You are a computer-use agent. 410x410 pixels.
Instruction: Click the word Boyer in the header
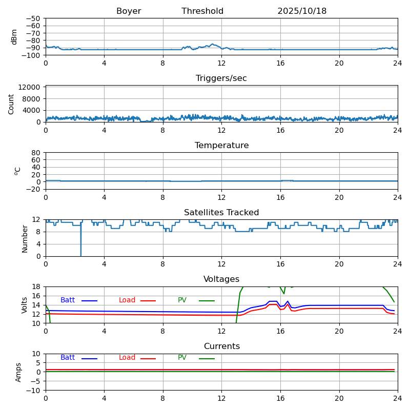[129, 11]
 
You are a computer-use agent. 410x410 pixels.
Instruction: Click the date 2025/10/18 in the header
[302, 11]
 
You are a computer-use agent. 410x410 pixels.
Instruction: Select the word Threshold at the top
[202, 11]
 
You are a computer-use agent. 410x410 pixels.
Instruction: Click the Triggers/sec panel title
[221, 78]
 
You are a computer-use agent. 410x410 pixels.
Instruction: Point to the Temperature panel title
[221, 146]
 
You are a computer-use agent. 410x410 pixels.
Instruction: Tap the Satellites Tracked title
[221, 213]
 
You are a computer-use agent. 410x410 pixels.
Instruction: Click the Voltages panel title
[221, 279]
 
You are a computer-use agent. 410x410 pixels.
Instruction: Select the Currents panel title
[221, 346]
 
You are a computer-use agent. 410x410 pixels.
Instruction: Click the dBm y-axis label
[14, 36]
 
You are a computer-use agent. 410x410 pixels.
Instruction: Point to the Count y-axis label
[11, 104]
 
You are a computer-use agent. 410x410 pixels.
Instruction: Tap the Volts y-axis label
[25, 304]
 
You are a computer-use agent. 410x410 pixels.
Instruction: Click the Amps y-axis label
[18, 372]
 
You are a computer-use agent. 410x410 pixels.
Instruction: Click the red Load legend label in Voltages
[127, 300]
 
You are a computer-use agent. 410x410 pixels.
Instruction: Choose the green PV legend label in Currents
[182, 358]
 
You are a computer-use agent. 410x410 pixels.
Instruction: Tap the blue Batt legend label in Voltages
[68, 300]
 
